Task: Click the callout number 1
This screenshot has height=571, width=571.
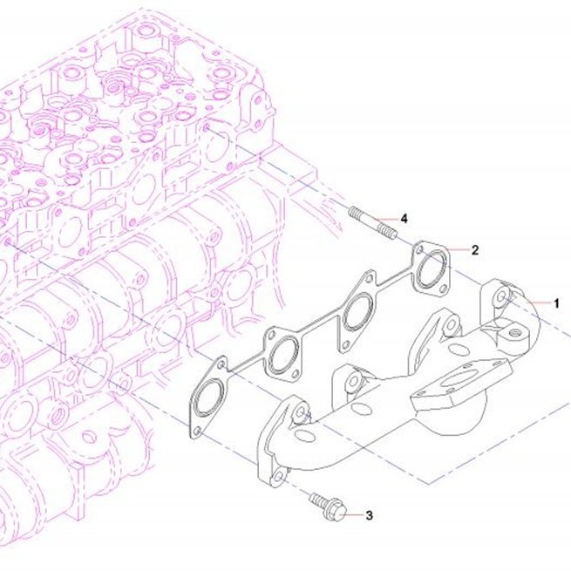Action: click(556, 303)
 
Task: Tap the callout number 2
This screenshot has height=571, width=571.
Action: click(475, 250)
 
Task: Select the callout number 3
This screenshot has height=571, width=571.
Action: click(369, 515)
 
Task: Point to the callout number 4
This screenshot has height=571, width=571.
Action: click(404, 219)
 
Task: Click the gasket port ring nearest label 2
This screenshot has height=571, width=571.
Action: click(432, 269)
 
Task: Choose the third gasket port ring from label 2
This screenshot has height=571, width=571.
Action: click(283, 355)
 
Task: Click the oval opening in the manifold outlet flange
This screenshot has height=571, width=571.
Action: click(459, 380)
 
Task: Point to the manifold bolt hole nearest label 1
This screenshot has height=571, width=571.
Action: click(502, 296)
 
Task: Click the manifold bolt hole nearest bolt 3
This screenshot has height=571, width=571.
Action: click(278, 476)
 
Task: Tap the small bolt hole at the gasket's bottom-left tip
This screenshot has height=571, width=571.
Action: click(197, 431)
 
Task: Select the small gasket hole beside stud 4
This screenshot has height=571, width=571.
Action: click(419, 250)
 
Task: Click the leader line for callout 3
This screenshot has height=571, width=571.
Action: click(354, 515)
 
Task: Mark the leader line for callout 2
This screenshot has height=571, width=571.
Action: click(459, 250)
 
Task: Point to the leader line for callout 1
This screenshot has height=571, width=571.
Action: click(538, 302)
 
